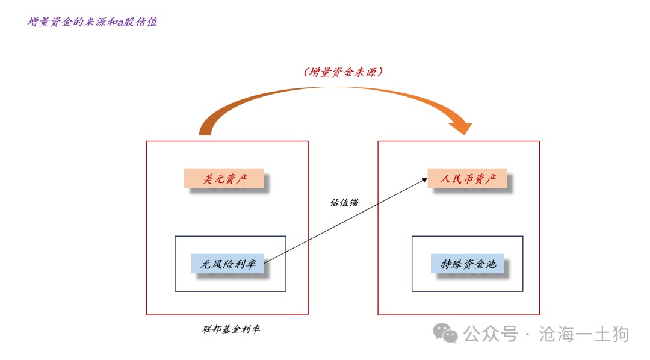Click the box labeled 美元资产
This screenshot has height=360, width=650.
[x=224, y=178]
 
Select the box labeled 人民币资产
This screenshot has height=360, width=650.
[x=467, y=178]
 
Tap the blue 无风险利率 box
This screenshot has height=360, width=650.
[x=227, y=264]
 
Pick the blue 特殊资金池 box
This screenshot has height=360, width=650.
[x=467, y=264]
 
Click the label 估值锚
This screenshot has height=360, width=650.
[x=344, y=202]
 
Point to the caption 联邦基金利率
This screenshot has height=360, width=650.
[x=231, y=329]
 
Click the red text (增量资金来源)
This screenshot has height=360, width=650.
[x=343, y=72]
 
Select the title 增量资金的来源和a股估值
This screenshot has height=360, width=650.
[x=93, y=22]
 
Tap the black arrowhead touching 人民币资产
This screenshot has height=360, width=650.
[x=424, y=180]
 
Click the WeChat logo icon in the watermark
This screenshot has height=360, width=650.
[x=445, y=333]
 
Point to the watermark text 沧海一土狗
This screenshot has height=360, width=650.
[x=584, y=334]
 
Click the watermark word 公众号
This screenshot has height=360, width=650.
[x=491, y=334]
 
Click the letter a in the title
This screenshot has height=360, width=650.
[x=120, y=23]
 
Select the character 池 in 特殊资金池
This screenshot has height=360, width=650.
[x=491, y=264]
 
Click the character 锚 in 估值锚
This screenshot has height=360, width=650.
[x=354, y=202]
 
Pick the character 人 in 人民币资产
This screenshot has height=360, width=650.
[x=445, y=179]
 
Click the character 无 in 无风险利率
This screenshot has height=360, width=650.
[x=206, y=264]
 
